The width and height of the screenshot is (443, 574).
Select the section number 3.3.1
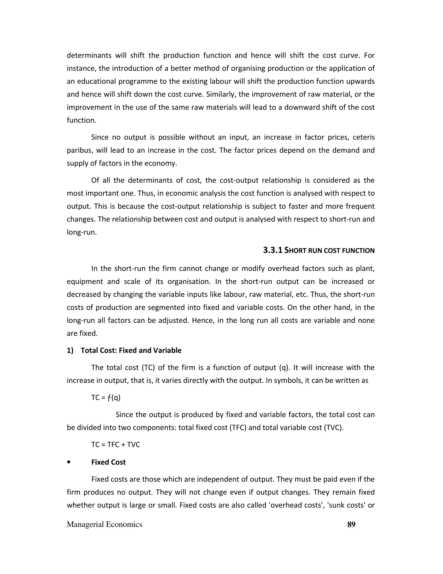click(273, 250)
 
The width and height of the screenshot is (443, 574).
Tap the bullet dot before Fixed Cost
click(69, 462)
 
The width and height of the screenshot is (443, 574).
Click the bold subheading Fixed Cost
click(108, 462)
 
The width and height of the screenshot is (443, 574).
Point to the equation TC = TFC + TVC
click(116, 445)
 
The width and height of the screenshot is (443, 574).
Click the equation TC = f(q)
click(106, 397)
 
